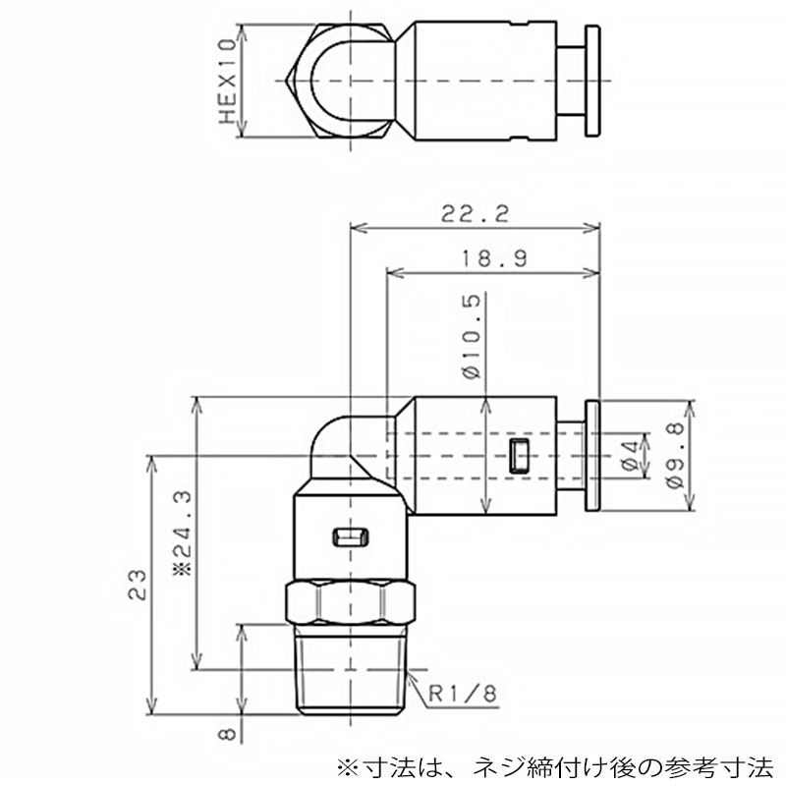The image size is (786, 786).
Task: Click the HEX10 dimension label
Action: pos(228,82)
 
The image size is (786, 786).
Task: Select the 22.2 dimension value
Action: pos(475,214)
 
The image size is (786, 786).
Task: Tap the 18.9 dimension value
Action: pos(494,259)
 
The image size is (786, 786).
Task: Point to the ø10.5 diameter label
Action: pos(471,336)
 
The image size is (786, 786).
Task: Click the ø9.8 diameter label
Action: pos(675,456)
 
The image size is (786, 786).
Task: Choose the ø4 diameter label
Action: pos(631,456)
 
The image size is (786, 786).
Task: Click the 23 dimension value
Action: pos(137,585)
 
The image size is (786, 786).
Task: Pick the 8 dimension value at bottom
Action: pos(227,734)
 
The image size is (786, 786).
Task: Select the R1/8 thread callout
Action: pos(463,694)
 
